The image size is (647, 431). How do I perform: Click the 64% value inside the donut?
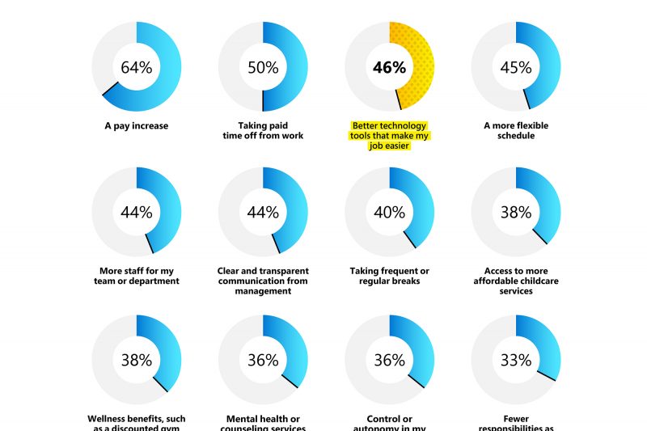click(136, 68)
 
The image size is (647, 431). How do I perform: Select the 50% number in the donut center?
click(263, 68)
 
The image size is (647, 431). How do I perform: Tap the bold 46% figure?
click(389, 68)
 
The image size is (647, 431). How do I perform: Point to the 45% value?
click(516, 68)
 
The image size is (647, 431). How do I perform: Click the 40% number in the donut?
click(389, 213)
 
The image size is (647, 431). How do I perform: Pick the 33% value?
click(516, 360)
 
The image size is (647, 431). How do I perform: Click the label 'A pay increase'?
click(136, 126)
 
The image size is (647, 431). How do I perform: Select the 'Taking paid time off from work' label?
click(263, 131)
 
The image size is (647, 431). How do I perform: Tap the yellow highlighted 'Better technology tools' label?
click(389, 136)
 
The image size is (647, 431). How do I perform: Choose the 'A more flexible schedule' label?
click(516, 131)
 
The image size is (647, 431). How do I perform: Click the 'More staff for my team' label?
click(136, 276)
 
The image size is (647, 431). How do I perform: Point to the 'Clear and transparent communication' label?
click(263, 281)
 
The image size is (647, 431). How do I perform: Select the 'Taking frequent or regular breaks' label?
click(389, 276)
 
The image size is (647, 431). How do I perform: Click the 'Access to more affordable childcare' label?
click(516, 281)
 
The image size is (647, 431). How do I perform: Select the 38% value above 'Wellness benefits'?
click(136, 360)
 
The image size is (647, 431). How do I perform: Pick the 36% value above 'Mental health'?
click(263, 360)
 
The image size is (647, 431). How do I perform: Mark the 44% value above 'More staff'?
click(136, 213)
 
